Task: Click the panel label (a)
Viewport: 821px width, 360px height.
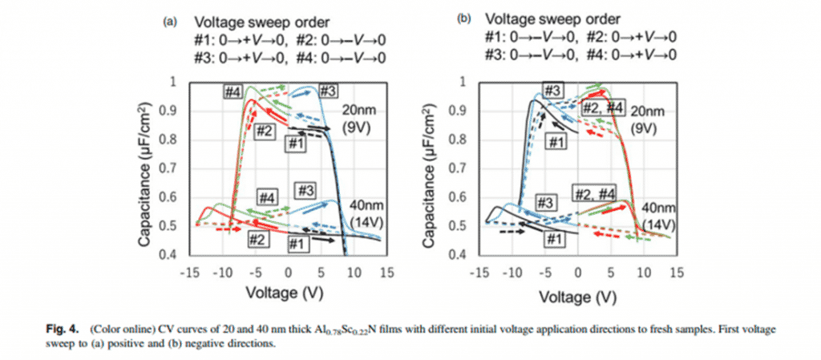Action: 170,22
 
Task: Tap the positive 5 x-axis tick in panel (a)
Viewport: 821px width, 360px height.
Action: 321,272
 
